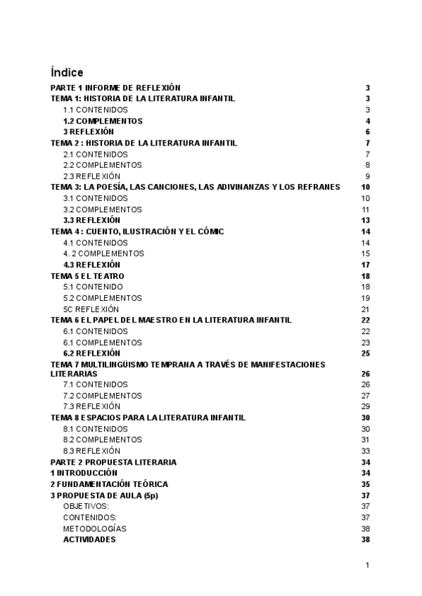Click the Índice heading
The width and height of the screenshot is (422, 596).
pyautogui.click(x=67, y=72)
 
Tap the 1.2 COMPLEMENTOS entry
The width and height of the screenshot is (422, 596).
pyautogui.click(x=103, y=121)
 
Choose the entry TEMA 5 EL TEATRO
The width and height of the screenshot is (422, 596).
pyautogui.click(x=87, y=276)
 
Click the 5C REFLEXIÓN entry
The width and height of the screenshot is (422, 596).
pyautogui.click(x=91, y=309)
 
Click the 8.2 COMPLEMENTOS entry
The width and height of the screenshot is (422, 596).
pyautogui.click(x=102, y=440)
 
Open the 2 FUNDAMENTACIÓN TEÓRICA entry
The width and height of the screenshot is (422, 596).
pyautogui.click(x=109, y=484)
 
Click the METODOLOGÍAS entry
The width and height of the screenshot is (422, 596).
pyautogui.click(x=95, y=529)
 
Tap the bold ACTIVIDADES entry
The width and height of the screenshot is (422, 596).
pyautogui.click(x=89, y=540)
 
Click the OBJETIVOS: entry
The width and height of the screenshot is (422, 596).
pyautogui.click(x=86, y=507)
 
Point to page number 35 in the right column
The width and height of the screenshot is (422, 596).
pyautogui.click(x=365, y=484)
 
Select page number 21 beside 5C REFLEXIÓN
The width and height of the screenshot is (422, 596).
pyautogui.click(x=365, y=309)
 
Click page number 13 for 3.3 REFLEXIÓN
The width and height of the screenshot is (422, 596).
pyautogui.click(x=365, y=220)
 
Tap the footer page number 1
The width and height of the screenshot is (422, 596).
pyautogui.click(x=367, y=564)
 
